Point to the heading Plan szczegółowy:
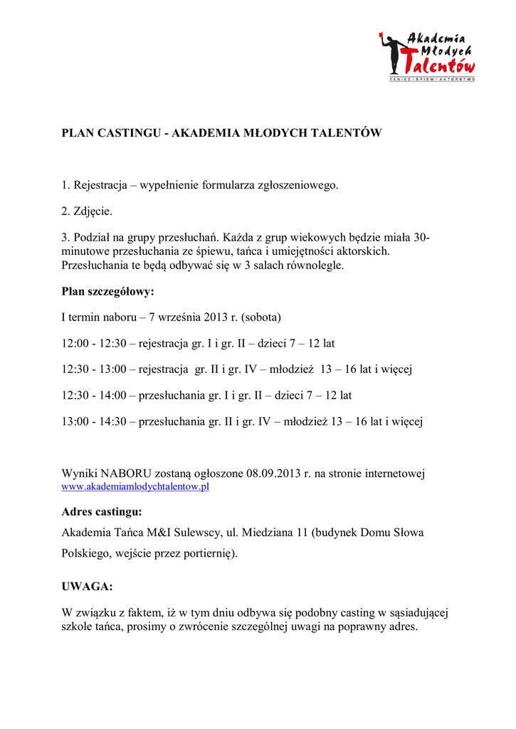pyautogui.click(x=107, y=291)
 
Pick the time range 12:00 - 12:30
pyautogui.click(x=94, y=343)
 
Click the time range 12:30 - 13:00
pyautogui.click(x=94, y=369)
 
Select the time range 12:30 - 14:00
pyautogui.click(x=94, y=395)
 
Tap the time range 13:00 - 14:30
pyautogui.click(x=94, y=421)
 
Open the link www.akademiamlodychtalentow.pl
pyautogui.click(x=135, y=487)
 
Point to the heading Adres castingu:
pyautogui.click(x=102, y=512)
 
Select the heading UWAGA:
pyautogui.click(x=87, y=587)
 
